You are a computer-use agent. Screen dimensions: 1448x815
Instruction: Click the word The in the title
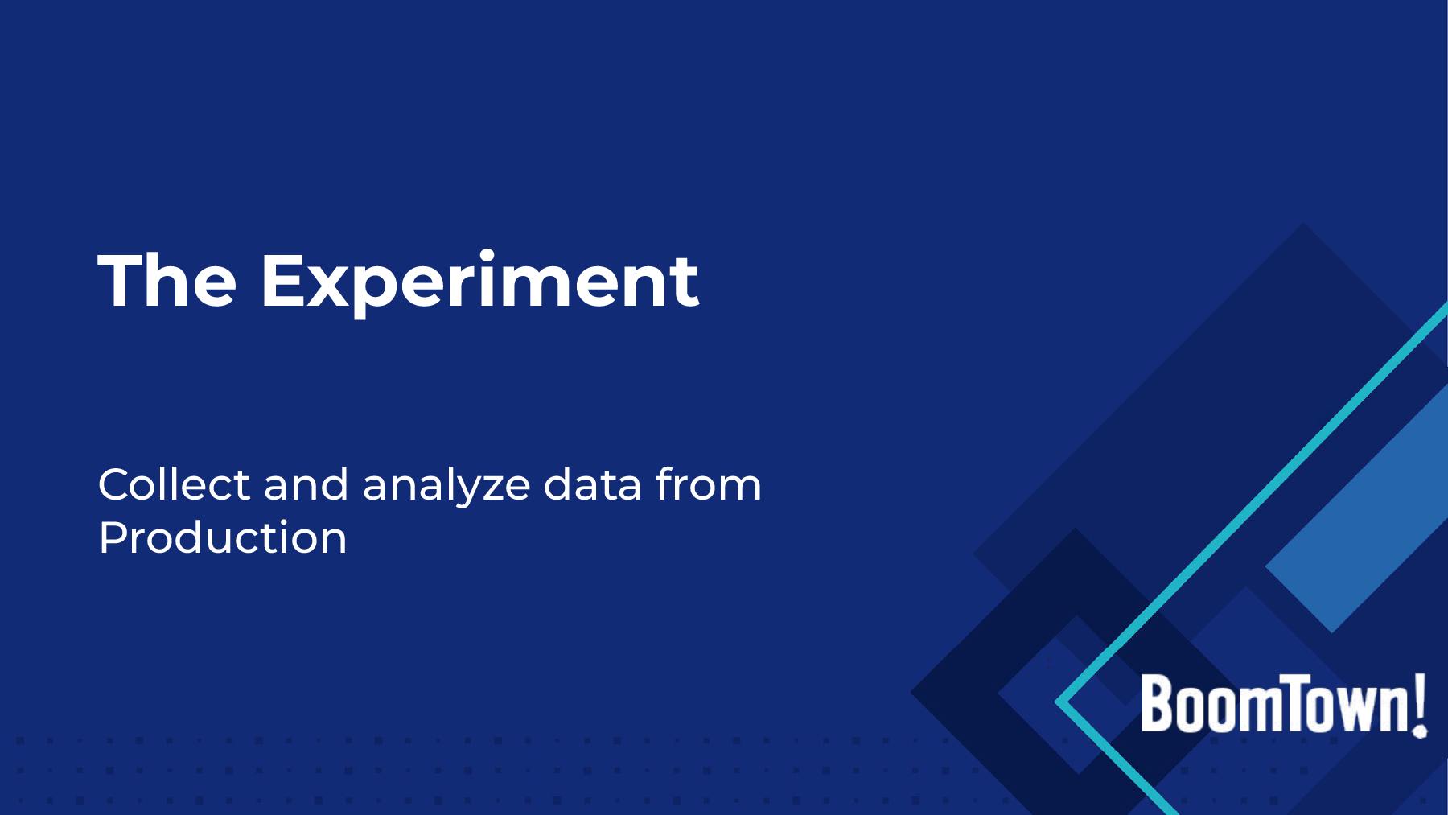pyautogui.click(x=167, y=280)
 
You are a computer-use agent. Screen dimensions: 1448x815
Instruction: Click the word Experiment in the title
pyautogui.click(x=480, y=283)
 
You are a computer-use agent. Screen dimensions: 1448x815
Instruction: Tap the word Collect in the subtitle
pyautogui.click(x=174, y=484)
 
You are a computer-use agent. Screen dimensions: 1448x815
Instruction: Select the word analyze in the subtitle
pyautogui.click(x=446, y=488)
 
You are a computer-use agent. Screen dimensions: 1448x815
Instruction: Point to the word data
pyautogui.click(x=593, y=484)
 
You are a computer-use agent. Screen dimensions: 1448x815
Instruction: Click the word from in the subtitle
pyautogui.click(x=708, y=484)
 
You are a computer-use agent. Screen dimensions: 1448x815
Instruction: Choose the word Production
pyautogui.click(x=223, y=537)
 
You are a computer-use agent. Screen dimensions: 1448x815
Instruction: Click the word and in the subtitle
pyautogui.click(x=306, y=484)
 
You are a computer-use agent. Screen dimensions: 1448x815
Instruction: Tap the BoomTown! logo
pyautogui.click(x=1284, y=704)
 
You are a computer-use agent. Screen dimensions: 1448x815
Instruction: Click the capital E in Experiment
pyautogui.click(x=283, y=280)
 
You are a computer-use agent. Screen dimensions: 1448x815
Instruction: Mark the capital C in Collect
pyautogui.click(x=116, y=485)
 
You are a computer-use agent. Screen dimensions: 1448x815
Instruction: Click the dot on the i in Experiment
pyautogui.click(x=486, y=255)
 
